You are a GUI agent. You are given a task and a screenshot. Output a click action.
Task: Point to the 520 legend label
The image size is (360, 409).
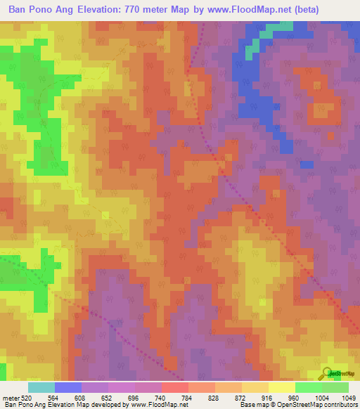coord(25,397)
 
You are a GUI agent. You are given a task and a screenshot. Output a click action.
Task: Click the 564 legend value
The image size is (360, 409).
coord(53,397)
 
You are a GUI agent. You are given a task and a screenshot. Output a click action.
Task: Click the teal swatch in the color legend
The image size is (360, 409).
coord(41,387)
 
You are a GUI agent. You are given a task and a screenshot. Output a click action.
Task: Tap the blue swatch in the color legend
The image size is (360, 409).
coord(68,387)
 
